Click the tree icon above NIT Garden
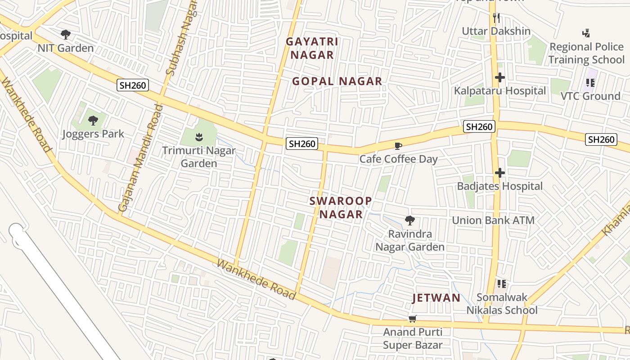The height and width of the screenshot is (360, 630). point(66,34)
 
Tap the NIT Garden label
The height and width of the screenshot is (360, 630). point(66,48)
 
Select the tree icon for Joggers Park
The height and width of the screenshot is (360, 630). point(93,120)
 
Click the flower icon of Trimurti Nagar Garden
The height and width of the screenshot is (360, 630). point(198,136)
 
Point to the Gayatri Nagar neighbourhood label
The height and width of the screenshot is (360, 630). point(312,48)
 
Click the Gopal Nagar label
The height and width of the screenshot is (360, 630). point(337,81)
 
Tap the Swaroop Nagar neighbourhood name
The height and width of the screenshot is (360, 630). point(341,207)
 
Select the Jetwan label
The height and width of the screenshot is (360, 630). point(436,298)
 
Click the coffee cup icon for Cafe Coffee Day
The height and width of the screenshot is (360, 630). point(398,146)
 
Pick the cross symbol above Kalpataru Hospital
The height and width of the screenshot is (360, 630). point(499,77)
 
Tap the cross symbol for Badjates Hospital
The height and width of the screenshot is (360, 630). point(499,173)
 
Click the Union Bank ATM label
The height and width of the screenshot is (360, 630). point(493,220)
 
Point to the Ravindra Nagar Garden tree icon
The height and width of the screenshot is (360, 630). point(409,220)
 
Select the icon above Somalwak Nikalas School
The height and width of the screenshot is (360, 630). point(502,284)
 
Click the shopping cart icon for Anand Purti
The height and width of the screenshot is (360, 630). point(412,319)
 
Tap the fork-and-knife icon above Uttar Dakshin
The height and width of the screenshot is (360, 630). point(496,18)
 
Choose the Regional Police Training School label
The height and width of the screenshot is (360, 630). point(586,53)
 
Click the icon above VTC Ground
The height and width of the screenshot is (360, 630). point(590,83)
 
